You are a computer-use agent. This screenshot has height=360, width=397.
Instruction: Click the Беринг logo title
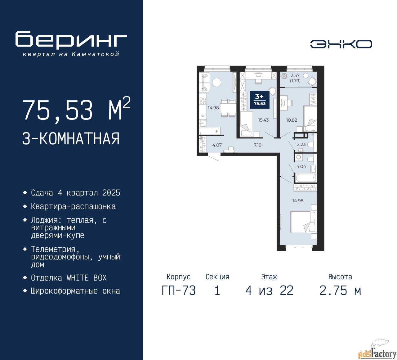point(71,40)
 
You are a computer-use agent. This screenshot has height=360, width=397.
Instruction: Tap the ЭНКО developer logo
point(341,44)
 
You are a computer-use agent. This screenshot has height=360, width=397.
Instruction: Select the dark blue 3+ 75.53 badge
point(260,100)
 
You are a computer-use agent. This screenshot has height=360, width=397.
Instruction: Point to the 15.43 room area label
point(263,120)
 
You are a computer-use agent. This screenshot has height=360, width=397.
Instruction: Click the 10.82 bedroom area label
point(292,120)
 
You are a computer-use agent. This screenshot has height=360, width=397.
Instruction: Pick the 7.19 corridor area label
point(257,145)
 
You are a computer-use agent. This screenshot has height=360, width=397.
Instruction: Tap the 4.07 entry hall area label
point(217,145)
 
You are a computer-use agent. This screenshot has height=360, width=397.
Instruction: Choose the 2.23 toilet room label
point(301,144)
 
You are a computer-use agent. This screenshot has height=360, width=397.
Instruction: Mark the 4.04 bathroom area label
point(301,167)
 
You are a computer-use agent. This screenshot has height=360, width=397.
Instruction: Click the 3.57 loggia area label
point(295,75)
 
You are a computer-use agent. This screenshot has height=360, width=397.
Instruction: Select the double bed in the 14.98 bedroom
point(303,222)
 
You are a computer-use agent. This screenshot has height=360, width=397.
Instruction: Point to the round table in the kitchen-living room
point(216,82)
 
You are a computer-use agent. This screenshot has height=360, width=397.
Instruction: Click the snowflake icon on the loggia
point(284,76)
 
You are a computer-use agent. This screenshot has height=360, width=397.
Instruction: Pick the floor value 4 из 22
point(269,291)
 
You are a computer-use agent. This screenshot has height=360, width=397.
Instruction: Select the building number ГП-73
point(179,291)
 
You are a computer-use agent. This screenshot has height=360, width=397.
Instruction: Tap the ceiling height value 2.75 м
point(340,291)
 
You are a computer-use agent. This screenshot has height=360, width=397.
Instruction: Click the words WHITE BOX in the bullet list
point(87,278)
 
